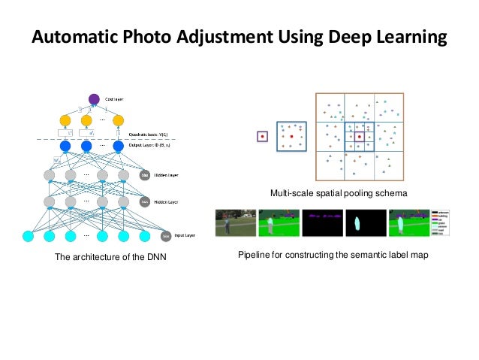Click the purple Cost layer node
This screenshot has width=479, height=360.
point(94,98)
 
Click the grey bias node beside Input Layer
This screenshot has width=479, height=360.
point(165,236)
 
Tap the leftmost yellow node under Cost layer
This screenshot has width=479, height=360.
point(65,120)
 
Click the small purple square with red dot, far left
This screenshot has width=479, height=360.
point(262,136)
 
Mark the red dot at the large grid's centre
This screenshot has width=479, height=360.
point(360,137)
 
